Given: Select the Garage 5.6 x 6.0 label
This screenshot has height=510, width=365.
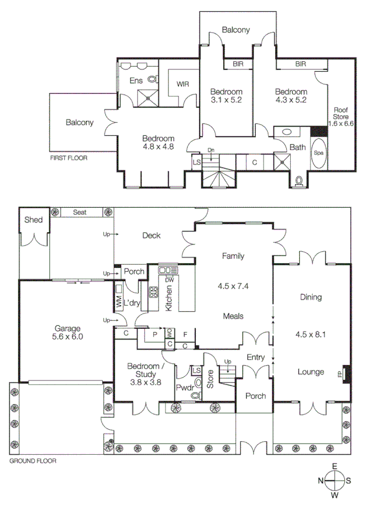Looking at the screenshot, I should (x=69, y=331).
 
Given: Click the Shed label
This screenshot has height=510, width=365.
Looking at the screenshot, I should (x=32, y=220).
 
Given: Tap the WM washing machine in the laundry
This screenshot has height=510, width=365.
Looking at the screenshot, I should (x=119, y=303).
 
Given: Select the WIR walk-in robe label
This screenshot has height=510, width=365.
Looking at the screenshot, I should (x=183, y=84).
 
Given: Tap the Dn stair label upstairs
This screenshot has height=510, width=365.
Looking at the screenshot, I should (x=211, y=150).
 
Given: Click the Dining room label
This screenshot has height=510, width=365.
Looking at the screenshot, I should (x=310, y=297).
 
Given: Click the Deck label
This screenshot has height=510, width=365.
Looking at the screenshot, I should (x=151, y=236).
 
